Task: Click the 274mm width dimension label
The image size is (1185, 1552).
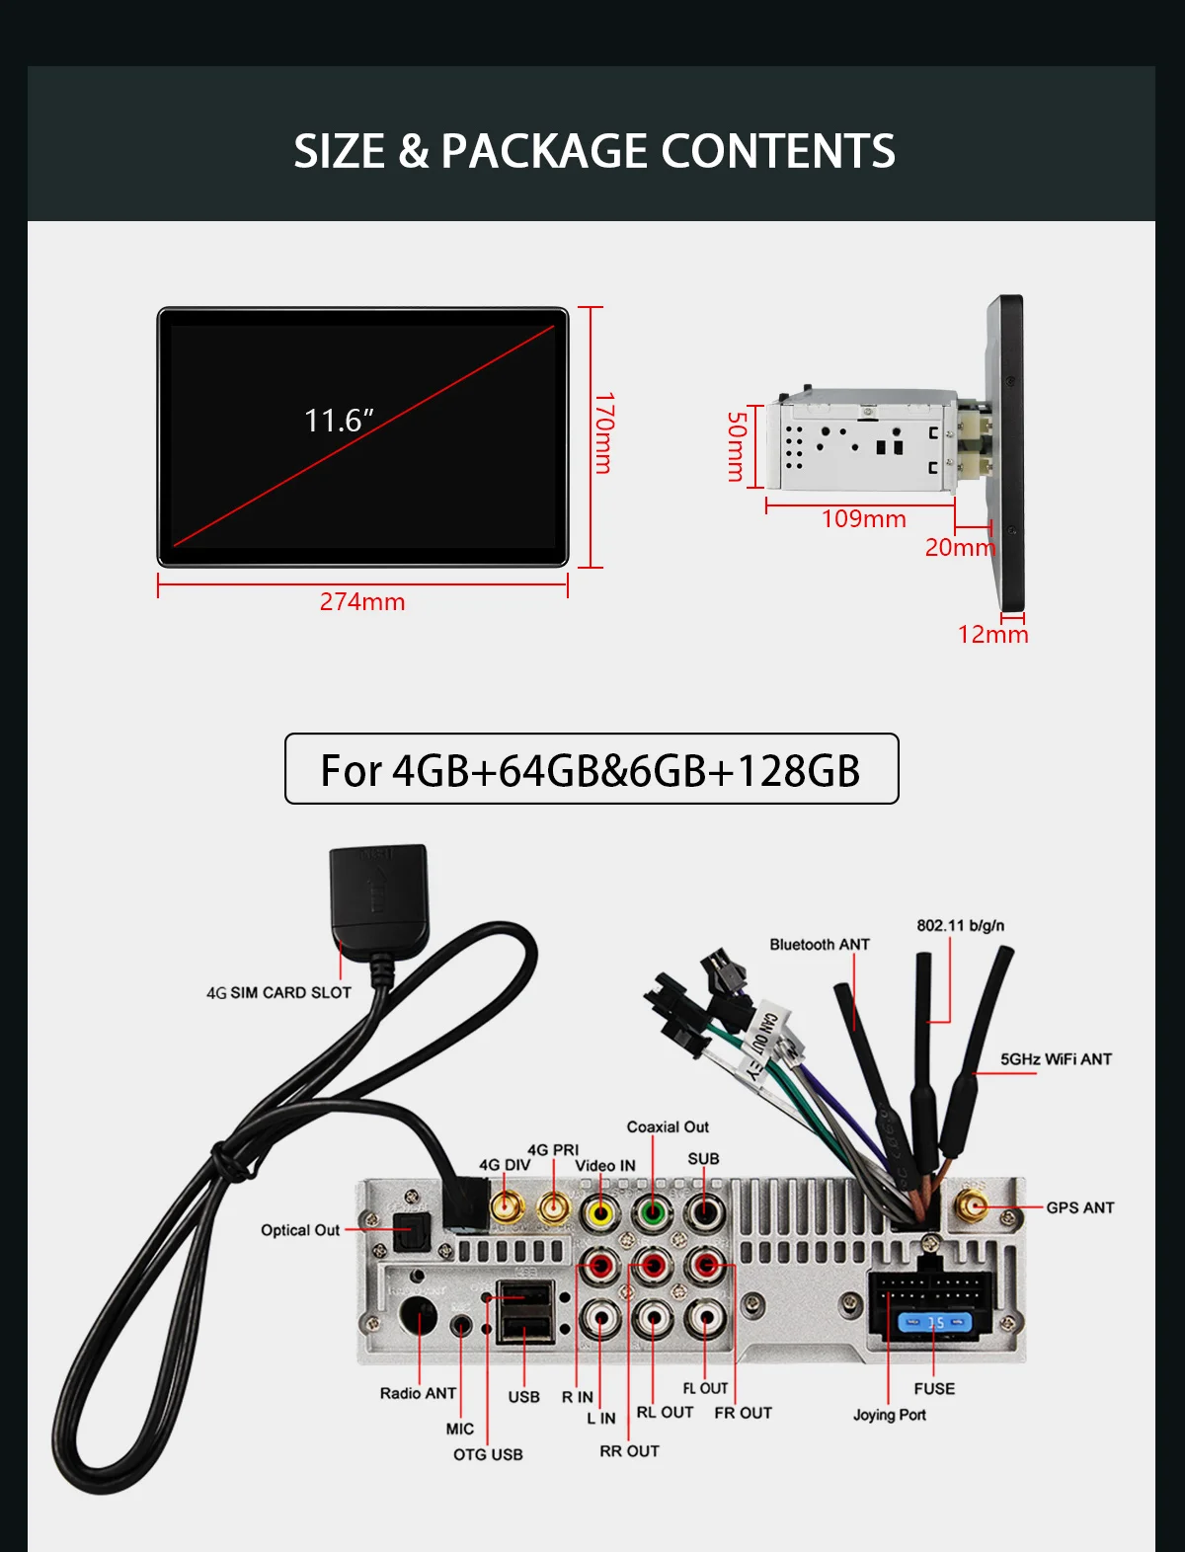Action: tap(362, 601)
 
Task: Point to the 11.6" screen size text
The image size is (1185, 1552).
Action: tap(339, 421)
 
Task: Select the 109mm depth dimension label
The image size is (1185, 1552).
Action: tap(863, 518)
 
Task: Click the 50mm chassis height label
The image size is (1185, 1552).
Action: tap(737, 446)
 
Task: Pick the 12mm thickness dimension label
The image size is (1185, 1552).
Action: tap(992, 634)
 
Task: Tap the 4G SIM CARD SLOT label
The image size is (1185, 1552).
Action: tap(278, 992)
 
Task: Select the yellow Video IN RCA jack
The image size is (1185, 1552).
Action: tap(600, 1210)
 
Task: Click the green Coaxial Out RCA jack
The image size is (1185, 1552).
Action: tap(652, 1210)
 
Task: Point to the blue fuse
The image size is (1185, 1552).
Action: tap(934, 1321)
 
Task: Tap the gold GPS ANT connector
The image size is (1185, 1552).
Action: tap(972, 1206)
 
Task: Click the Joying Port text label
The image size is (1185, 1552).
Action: tap(890, 1415)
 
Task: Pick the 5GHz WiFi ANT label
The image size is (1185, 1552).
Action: tap(1056, 1059)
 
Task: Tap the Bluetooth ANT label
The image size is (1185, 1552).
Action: tap(820, 945)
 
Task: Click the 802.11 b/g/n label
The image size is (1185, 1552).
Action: tap(960, 925)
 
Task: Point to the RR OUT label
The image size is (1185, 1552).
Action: tap(629, 1451)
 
